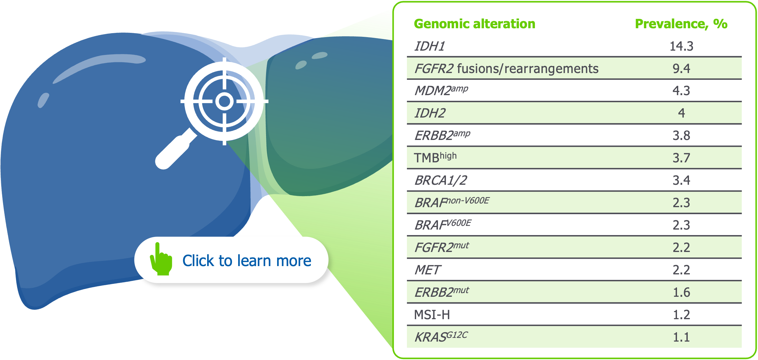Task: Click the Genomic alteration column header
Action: (474, 24)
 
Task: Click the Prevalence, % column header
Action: (681, 24)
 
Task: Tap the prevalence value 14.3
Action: (681, 46)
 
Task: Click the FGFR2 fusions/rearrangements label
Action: (506, 68)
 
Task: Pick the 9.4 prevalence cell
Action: (681, 68)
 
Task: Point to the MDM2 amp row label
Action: (441, 91)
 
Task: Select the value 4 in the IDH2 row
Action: (681, 113)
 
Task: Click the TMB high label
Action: (435, 157)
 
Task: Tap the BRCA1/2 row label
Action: (440, 180)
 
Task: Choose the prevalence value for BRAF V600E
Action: (681, 225)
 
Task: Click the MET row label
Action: (427, 270)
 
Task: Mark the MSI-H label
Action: (432, 315)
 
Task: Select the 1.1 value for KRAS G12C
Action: (681, 337)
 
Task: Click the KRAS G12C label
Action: (441, 337)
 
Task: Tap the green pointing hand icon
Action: (161, 261)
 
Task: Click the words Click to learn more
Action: (247, 261)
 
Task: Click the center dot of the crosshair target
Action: (224, 101)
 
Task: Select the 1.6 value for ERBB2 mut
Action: (681, 292)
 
